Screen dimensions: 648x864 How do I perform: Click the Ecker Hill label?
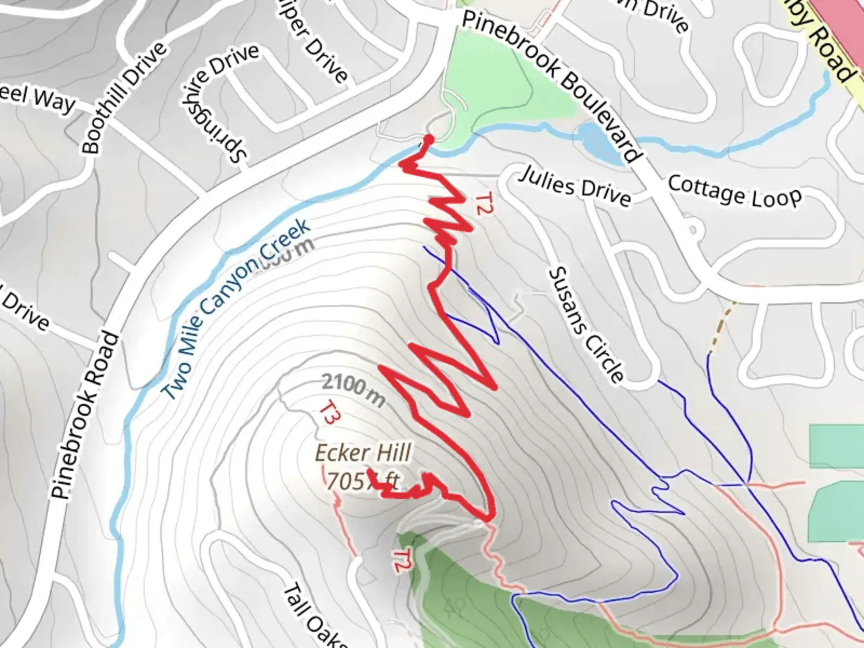363,453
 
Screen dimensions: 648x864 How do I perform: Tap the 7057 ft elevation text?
362,481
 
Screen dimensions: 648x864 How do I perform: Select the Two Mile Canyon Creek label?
237,309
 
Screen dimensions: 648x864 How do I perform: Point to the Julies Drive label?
575,186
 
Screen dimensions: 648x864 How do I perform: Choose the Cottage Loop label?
734,191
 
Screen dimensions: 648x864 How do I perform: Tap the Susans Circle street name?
586,325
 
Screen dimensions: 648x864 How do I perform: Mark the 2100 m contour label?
353,389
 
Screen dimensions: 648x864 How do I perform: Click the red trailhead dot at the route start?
428,140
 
